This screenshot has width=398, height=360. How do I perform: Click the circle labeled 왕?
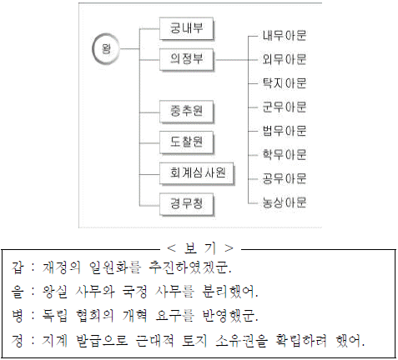pyautogui.click(x=106, y=49)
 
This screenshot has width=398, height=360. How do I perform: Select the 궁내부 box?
pyautogui.click(x=186, y=28)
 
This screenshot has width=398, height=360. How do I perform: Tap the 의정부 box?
pyautogui.click(x=186, y=60)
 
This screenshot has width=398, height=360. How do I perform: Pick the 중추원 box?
pyautogui.click(x=186, y=112)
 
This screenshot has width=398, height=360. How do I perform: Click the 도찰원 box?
pyautogui.click(x=186, y=142)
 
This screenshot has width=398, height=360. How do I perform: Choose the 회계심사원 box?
pyautogui.click(x=197, y=173)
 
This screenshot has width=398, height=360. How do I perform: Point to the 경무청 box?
pyautogui.click(x=186, y=205)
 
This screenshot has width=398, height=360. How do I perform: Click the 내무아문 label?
pyautogui.click(x=285, y=36)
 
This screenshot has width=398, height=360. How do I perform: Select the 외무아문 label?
pyautogui.click(x=285, y=59)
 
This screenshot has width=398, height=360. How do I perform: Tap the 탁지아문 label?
pyautogui.click(x=285, y=83)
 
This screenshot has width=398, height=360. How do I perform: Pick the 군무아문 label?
pyautogui.click(x=285, y=107)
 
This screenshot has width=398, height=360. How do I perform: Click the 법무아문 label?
pyautogui.click(x=285, y=131)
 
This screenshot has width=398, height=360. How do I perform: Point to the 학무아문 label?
pyautogui.click(x=285, y=155)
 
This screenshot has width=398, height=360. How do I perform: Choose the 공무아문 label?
pyautogui.click(x=285, y=178)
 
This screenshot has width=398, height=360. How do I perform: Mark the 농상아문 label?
pyautogui.click(x=285, y=202)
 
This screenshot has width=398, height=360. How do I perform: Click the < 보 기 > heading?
pyautogui.click(x=200, y=248)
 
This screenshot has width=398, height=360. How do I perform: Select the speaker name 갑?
pyautogui.click(x=18, y=267)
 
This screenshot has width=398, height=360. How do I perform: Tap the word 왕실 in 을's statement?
pyautogui.click(x=55, y=292)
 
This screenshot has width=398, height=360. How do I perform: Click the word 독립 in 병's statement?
pyautogui.click(x=55, y=316)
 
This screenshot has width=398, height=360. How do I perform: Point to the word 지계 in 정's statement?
pyautogui.click(x=55, y=340)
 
